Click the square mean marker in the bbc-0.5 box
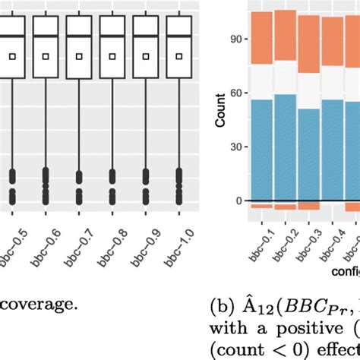point(12,56)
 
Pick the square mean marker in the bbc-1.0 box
point(179,56)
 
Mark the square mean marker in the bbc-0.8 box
point(112,56)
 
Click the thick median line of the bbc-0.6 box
point(46,36)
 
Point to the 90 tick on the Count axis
point(238,38)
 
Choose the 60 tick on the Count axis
point(238,93)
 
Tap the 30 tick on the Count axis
point(238,147)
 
